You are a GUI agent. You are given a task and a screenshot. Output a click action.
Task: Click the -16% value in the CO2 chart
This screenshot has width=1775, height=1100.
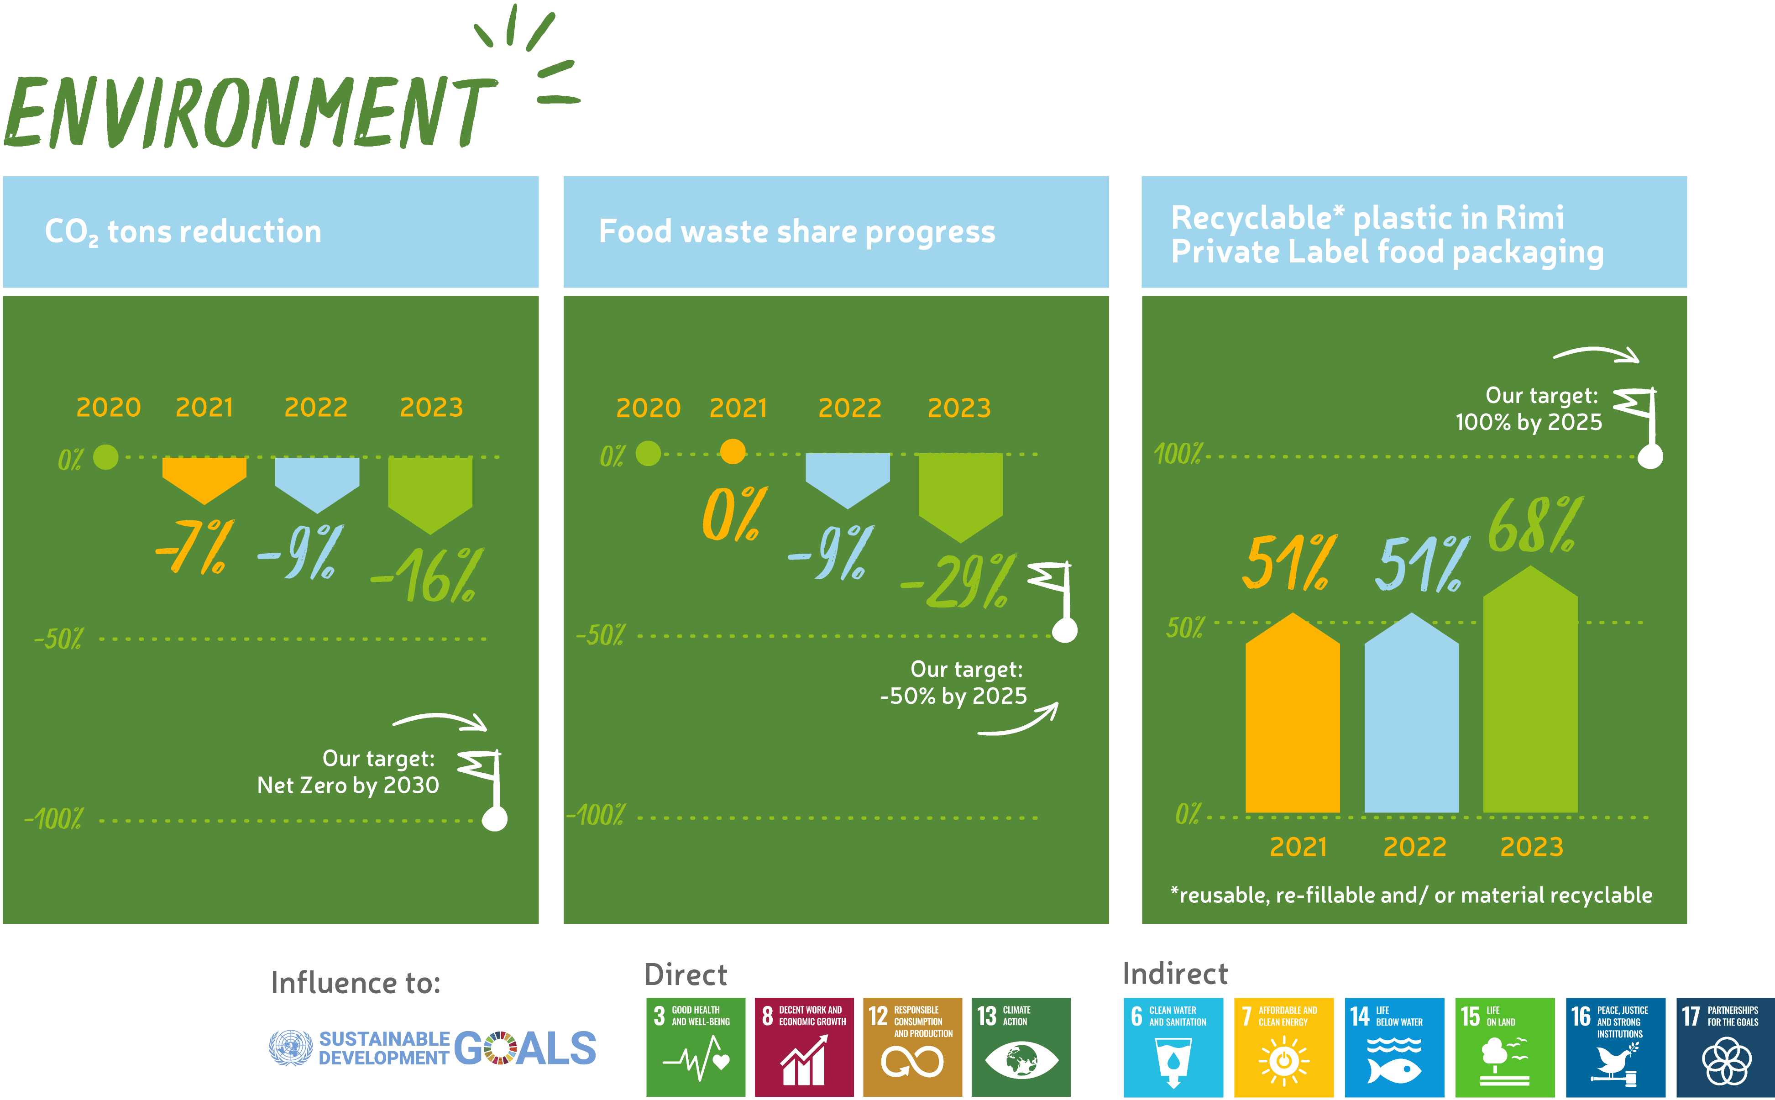[x=428, y=576]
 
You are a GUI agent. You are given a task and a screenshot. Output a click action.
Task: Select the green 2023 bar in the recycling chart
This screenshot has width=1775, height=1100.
[x=1530, y=689]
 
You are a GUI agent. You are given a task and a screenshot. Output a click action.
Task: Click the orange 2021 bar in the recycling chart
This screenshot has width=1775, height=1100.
[x=1292, y=713]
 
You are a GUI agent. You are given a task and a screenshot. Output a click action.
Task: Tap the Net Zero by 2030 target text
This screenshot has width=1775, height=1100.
[x=348, y=786]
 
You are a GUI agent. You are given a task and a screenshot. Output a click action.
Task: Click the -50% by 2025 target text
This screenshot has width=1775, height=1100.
[x=953, y=696]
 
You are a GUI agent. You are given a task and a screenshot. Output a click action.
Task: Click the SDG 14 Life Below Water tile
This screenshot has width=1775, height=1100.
[x=1394, y=1047]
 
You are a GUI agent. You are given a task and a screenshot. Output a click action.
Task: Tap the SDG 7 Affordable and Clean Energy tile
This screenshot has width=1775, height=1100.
[x=1283, y=1047]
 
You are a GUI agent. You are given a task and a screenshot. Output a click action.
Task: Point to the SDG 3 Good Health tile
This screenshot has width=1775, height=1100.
[x=696, y=1047]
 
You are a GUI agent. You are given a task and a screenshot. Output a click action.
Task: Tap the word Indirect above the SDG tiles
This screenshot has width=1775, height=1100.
[x=1175, y=974]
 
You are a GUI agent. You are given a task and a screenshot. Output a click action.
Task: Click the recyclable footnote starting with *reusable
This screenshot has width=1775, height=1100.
[x=1411, y=896]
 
